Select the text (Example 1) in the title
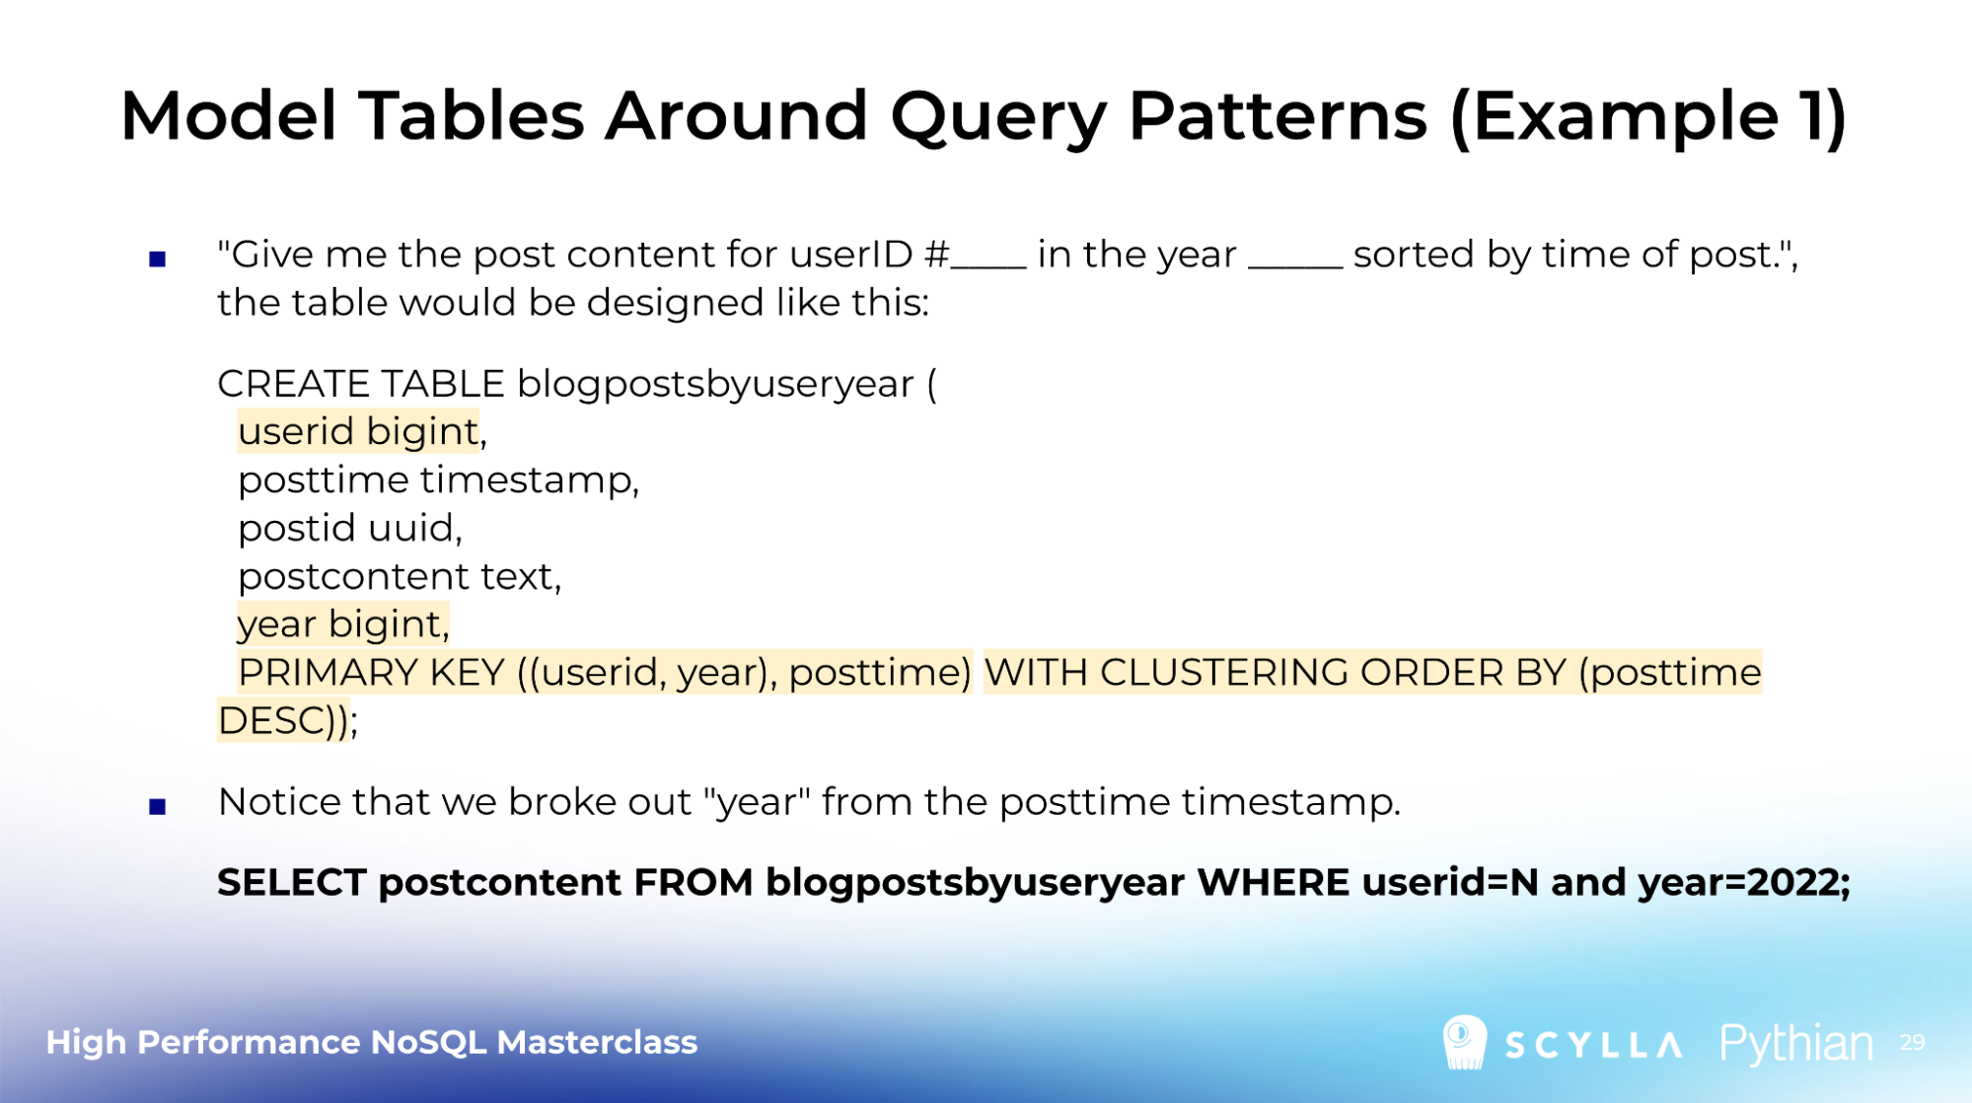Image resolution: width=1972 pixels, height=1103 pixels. pyautogui.click(x=1648, y=117)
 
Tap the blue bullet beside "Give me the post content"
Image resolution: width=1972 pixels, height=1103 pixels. pyautogui.click(x=158, y=259)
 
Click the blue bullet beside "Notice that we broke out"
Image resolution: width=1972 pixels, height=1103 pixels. pyautogui.click(x=158, y=807)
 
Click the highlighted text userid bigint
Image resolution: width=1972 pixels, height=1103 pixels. pyautogui.click(x=358, y=431)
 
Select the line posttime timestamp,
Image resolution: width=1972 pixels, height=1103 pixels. pyautogui.click(x=439, y=479)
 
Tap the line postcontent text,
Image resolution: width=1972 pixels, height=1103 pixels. pyautogui.click(x=400, y=576)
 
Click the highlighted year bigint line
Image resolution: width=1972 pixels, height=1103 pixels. pyautogui.click(x=343, y=625)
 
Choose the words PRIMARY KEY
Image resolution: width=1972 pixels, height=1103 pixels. pyautogui.click(x=371, y=673)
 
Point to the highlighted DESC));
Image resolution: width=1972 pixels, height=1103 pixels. pyautogui.click(x=287, y=721)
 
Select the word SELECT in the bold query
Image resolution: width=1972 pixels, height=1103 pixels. pyautogui.click(x=292, y=883)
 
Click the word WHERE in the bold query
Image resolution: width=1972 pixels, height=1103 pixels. pyautogui.click(x=1273, y=883)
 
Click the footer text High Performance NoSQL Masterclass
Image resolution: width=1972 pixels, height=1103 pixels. pyautogui.click(x=372, y=1043)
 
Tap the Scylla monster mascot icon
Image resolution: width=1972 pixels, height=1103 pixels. pyautogui.click(x=1464, y=1043)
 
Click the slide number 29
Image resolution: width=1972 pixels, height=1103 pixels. pyautogui.click(x=1912, y=1043)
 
